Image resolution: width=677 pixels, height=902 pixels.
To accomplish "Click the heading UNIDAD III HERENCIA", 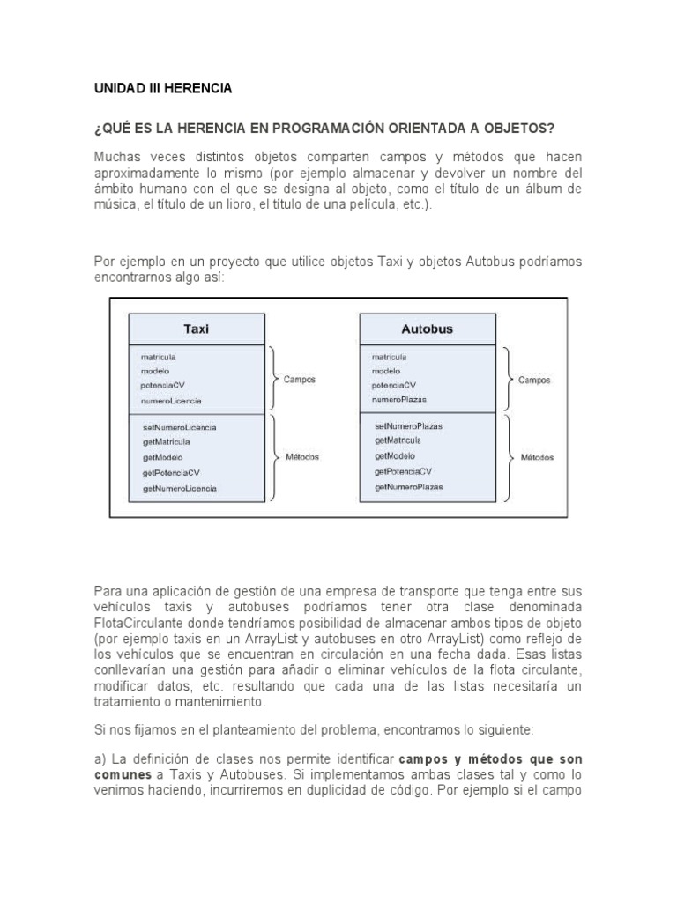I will (163, 89).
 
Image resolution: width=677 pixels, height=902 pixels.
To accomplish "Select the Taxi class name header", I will (196, 329).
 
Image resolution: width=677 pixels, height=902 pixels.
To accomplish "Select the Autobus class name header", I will (427, 329).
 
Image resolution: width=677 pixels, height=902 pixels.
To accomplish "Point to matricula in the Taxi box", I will (158, 357).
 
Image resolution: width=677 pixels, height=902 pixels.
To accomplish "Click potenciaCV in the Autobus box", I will (394, 385).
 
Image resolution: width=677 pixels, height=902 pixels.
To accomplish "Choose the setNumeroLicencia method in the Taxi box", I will (179, 426).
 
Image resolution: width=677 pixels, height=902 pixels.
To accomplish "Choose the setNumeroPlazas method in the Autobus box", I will (408, 425).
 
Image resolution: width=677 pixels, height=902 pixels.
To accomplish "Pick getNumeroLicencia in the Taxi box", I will (179, 487).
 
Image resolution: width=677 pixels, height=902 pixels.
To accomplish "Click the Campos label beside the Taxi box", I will (299, 380).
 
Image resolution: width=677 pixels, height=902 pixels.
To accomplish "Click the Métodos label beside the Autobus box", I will (536, 457).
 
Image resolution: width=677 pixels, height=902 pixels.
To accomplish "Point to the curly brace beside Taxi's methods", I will (275, 457).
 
